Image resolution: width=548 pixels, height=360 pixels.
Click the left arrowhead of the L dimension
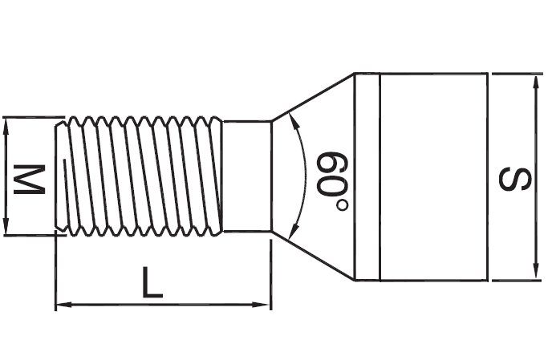(x=61, y=305)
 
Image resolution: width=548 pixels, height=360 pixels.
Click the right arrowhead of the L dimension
(x=266, y=305)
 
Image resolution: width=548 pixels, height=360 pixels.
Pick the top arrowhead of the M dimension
(x=6, y=123)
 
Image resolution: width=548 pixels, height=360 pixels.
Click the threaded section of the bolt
(x=140, y=176)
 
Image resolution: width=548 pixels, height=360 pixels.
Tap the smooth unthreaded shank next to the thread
(x=246, y=176)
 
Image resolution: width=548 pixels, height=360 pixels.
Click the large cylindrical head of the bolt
(x=432, y=177)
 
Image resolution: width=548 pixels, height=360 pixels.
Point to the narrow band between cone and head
(x=365, y=177)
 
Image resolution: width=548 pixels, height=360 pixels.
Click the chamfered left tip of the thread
(x=60, y=176)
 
